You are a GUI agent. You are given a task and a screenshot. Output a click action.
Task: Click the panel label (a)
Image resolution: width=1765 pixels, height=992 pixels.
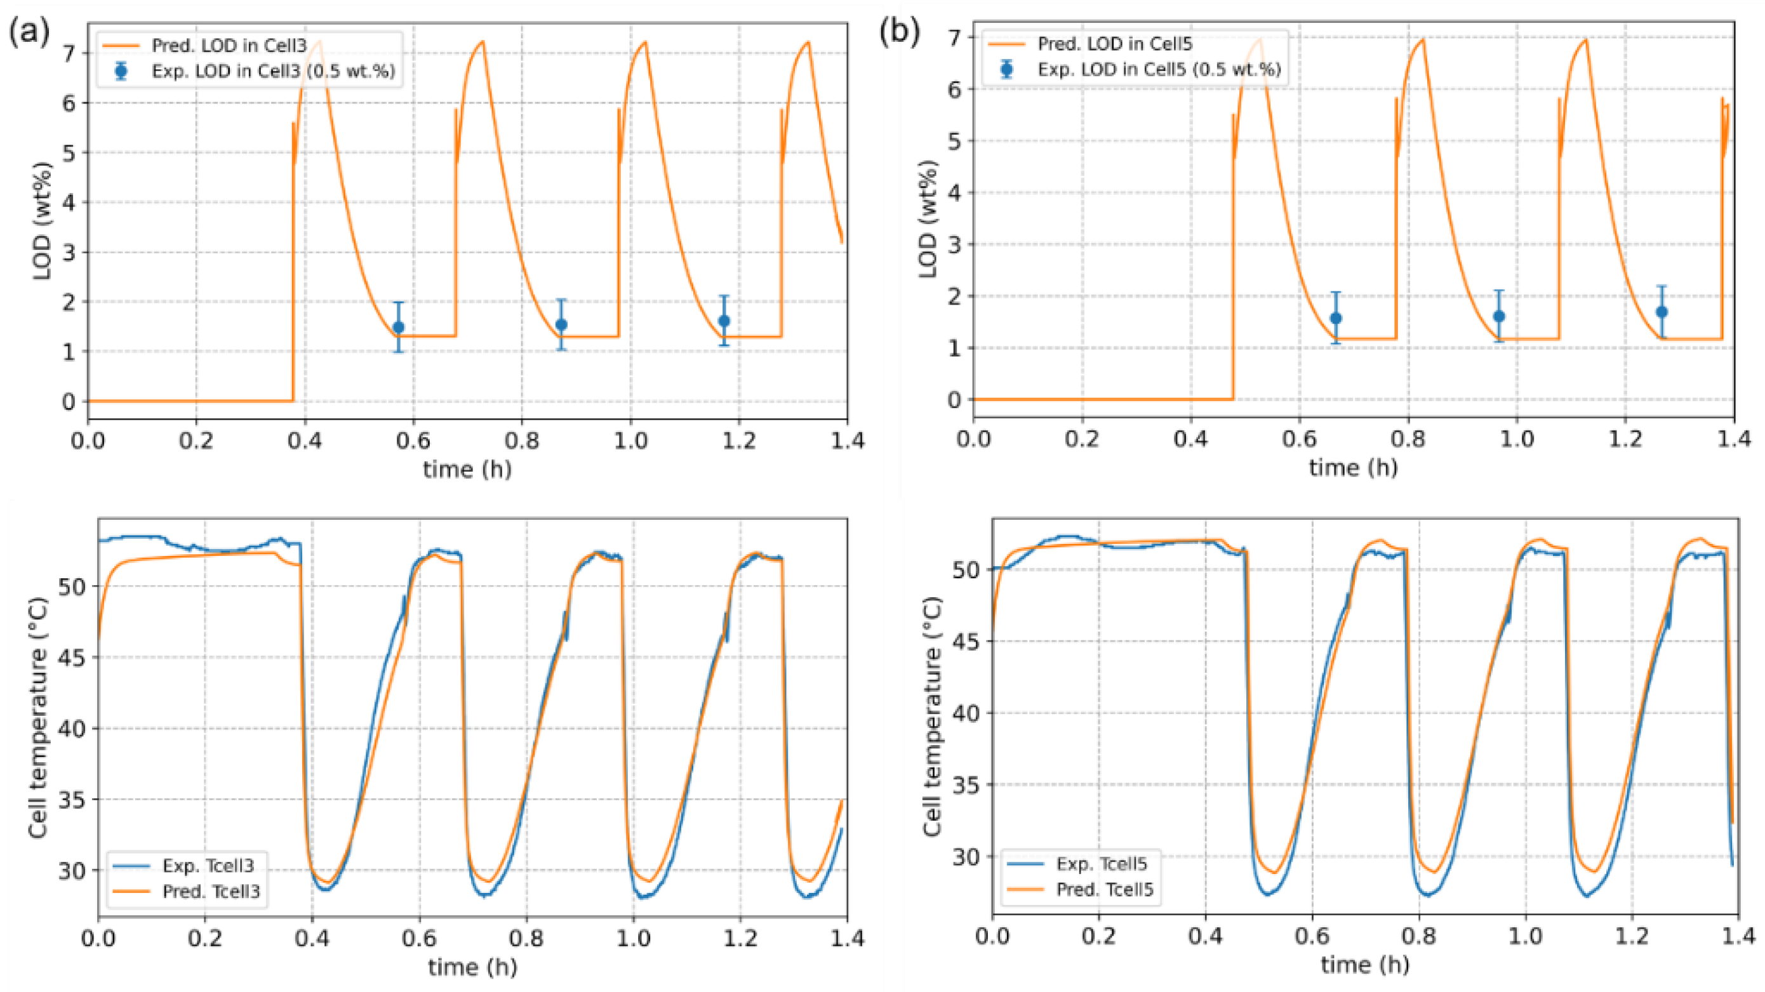coord(29,32)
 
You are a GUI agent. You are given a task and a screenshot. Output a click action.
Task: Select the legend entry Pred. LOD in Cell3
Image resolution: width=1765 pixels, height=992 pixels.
coord(229,46)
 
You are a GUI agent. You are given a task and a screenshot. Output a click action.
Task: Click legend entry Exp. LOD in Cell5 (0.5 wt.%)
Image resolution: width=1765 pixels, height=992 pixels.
coord(1159,69)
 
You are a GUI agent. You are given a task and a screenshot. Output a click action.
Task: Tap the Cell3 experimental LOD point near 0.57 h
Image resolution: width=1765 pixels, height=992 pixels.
coord(398,327)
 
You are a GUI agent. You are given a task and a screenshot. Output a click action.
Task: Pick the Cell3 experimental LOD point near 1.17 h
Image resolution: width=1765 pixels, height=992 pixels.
coord(724,321)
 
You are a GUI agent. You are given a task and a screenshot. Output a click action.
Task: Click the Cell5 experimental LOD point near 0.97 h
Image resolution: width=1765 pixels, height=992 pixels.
coord(1498,316)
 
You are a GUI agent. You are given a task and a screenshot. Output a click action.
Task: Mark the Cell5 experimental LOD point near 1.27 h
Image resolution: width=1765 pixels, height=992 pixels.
coord(1662,312)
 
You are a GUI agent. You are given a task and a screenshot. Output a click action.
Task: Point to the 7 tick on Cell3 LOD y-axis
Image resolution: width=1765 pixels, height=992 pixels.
coord(69,53)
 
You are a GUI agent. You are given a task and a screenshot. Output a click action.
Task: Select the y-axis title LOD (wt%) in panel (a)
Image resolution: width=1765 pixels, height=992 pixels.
coord(43,221)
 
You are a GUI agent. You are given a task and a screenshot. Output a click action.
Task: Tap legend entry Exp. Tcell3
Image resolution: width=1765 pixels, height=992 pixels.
coord(208,866)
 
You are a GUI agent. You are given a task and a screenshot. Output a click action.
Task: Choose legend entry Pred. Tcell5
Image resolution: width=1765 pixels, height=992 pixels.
coord(1105,889)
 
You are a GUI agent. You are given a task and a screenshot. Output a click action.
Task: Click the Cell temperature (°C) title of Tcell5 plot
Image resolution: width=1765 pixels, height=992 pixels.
coord(933,716)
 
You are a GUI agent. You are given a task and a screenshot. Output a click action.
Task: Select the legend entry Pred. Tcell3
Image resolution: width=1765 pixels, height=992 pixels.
coord(210,891)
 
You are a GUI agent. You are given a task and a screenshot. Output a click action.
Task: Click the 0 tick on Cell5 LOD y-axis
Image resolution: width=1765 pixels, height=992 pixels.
coord(954,399)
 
